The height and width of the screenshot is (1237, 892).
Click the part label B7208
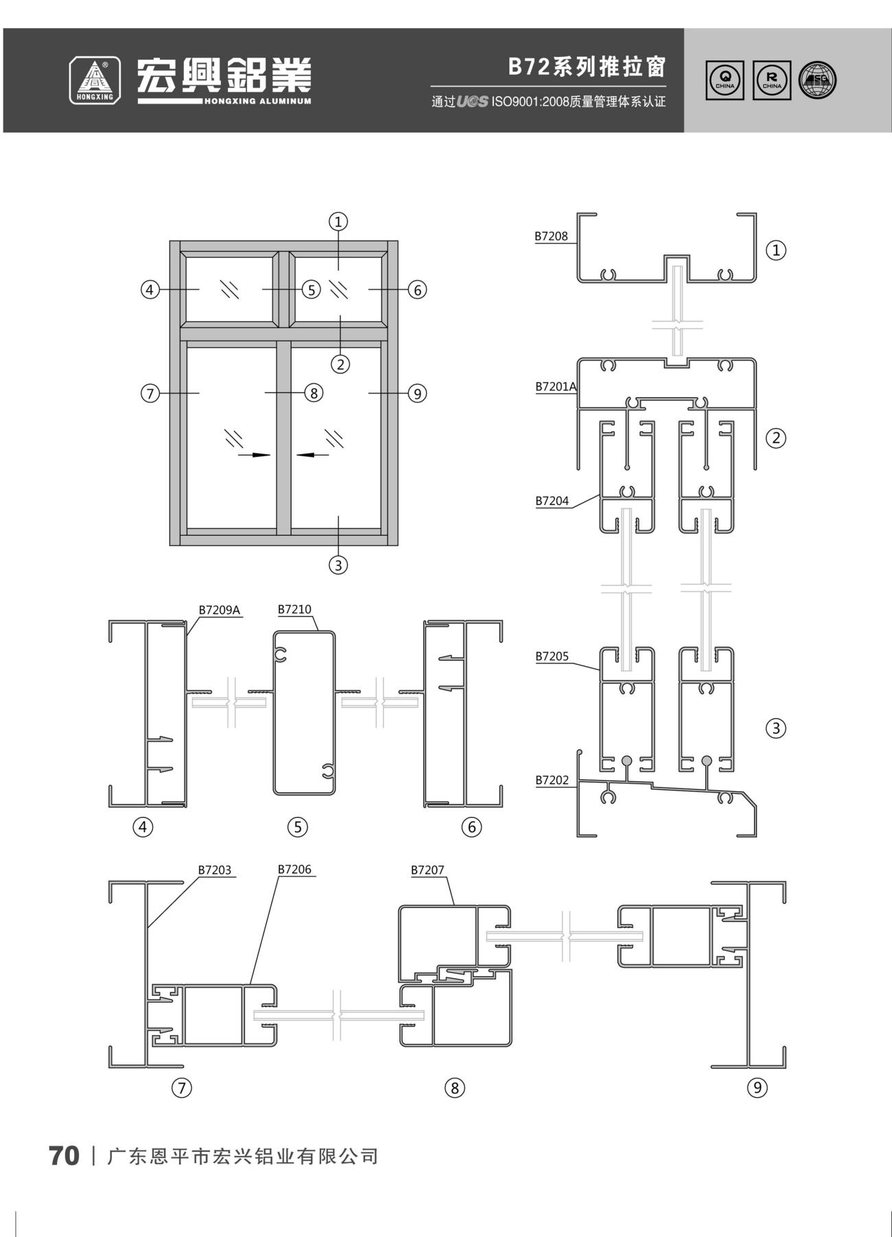coord(552,237)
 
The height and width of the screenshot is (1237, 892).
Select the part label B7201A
coord(556,387)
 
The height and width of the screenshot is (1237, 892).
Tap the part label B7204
coord(552,501)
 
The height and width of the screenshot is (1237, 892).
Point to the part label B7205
coord(552,657)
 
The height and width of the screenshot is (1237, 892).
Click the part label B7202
coord(552,780)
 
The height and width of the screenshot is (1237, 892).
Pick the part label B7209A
coord(220,609)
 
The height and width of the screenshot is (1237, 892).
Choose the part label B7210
coord(294,609)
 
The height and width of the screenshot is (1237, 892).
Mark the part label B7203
coord(215,871)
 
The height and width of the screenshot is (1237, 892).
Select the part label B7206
coord(294,870)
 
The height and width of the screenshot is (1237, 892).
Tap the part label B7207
coord(427,871)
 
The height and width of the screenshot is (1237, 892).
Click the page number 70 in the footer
coord(64,1156)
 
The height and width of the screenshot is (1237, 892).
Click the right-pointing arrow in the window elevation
coord(254,454)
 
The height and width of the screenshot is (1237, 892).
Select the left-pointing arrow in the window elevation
coord(313,454)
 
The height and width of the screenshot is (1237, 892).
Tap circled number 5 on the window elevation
coord(312,290)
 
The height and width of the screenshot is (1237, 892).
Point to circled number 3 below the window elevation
coord(338,565)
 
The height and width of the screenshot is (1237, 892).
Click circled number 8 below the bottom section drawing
coord(454,1087)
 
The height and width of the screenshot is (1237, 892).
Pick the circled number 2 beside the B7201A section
coord(776,438)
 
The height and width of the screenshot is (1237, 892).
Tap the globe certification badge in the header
coord(818,80)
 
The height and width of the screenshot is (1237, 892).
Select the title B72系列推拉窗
coord(587,67)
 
